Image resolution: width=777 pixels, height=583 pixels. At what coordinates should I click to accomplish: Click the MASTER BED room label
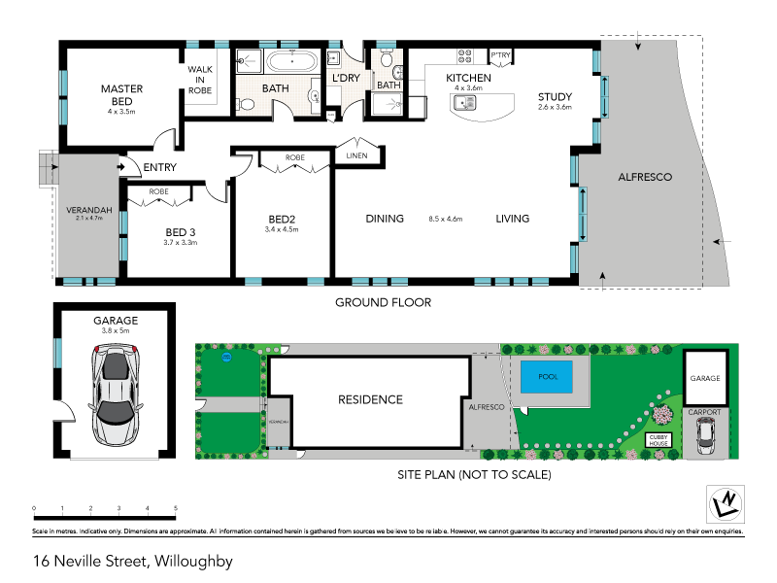click(122, 89)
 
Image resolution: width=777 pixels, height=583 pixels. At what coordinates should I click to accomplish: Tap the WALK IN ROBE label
click(200, 80)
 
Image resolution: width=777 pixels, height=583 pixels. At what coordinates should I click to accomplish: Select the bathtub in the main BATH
click(291, 63)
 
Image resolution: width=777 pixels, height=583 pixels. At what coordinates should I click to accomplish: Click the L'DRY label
click(346, 78)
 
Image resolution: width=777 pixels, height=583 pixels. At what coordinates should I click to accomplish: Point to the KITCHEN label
click(468, 78)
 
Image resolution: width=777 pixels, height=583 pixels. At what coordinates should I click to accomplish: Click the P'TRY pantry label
click(501, 54)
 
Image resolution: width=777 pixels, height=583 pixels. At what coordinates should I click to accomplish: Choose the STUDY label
click(556, 96)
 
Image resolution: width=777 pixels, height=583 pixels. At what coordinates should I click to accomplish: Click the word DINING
click(385, 219)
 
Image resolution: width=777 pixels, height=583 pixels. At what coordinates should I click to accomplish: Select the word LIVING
click(512, 219)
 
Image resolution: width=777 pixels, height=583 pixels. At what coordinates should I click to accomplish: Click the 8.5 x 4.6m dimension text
click(447, 220)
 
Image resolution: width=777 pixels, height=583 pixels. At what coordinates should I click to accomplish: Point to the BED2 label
click(281, 219)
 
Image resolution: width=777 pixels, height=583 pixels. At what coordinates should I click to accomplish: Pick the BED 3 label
click(181, 231)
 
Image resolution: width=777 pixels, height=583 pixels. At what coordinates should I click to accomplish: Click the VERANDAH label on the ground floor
click(87, 211)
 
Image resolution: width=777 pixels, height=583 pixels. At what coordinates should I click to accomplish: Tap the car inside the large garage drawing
click(116, 394)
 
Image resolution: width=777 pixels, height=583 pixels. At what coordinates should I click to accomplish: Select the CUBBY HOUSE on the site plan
click(663, 439)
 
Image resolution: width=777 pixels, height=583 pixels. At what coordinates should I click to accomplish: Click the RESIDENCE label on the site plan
click(370, 399)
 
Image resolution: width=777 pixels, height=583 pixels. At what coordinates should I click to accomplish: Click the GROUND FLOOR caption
click(383, 302)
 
